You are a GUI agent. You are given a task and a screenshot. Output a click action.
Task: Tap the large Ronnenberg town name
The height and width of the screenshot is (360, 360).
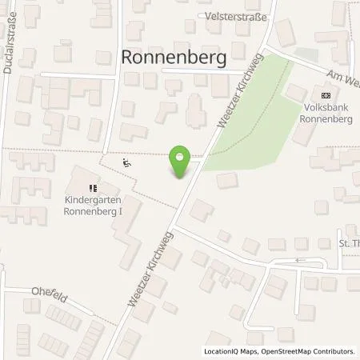[173, 57]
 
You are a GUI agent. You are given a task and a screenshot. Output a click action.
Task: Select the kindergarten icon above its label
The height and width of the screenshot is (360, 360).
[93, 188]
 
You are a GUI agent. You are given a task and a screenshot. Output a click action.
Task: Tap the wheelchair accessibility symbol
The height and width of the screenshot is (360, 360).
[126, 162]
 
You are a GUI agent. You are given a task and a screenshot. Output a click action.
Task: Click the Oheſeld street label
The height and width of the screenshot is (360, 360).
[47, 291]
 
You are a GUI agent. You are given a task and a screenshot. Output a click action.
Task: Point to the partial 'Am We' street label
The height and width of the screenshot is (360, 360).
[342, 78]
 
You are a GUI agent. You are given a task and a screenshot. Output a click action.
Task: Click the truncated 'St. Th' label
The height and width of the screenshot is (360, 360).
[346, 243]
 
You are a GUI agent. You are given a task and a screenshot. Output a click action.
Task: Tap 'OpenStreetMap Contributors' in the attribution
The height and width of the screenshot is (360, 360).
[309, 351]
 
